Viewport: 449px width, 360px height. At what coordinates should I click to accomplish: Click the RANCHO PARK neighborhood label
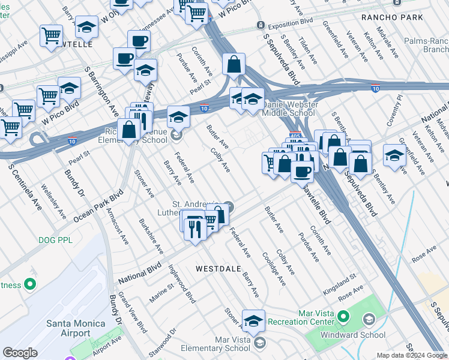[x=393, y=17]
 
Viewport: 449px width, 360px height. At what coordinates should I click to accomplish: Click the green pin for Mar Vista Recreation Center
[x=343, y=316]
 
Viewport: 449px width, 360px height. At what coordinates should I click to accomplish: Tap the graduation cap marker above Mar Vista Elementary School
[x=254, y=321]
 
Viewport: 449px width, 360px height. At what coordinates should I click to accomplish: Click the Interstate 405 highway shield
[x=295, y=136]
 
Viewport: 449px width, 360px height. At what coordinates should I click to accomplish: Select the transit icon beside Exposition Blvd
[x=261, y=25]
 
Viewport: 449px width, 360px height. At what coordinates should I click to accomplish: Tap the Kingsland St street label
[x=339, y=279]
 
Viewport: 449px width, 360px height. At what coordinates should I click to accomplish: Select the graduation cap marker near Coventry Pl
[x=394, y=155]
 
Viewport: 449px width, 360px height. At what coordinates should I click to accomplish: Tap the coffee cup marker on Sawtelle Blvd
[x=302, y=172]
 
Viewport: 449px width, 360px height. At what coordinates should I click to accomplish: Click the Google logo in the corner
[x=20, y=353]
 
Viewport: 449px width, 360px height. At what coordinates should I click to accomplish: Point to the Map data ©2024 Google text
[x=412, y=355]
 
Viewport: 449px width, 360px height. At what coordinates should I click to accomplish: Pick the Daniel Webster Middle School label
[x=289, y=108]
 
